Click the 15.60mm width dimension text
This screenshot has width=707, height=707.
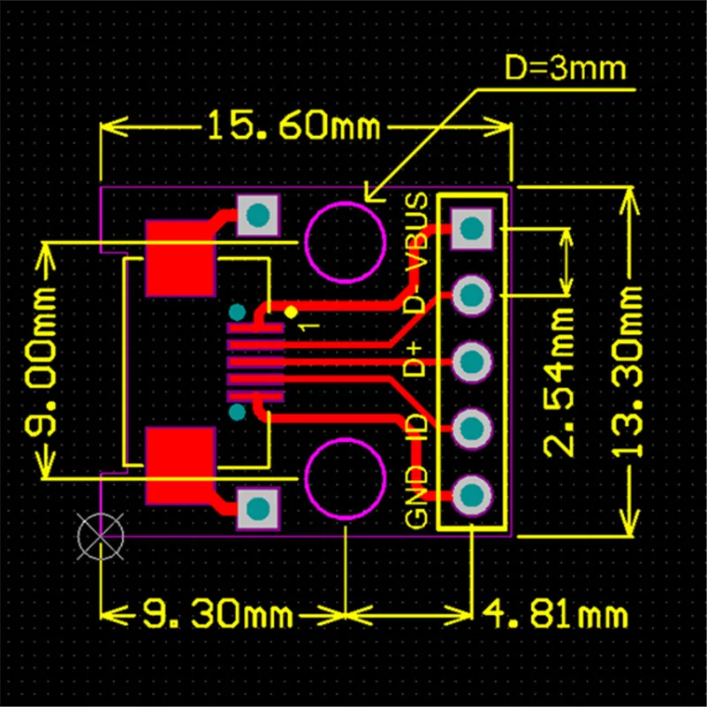click(x=293, y=127)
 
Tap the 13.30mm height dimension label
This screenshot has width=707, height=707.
click(x=629, y=371)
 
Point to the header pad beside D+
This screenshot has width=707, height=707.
click(x=471, y=361)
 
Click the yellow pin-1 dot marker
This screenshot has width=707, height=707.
click(x=291, y=312)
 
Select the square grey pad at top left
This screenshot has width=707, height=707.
click(x=258, y=215)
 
